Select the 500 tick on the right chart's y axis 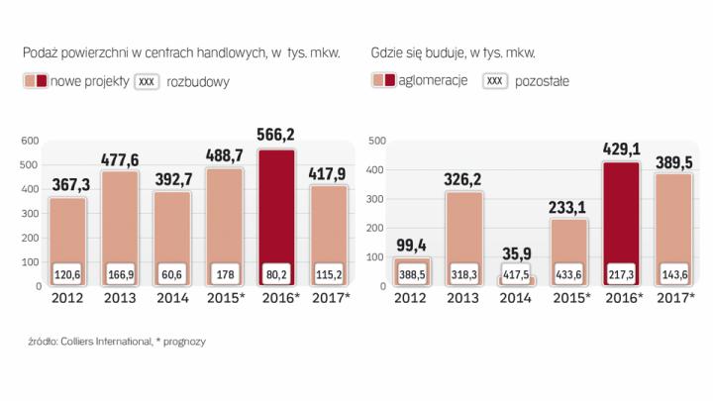376,141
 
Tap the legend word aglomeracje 433,81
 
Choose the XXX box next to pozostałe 494,81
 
